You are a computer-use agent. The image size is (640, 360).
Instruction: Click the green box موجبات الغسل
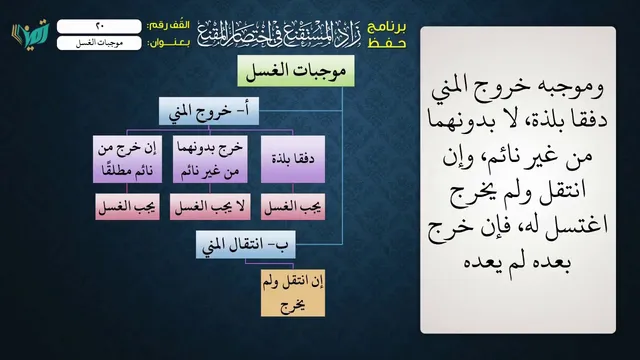coord(296,71)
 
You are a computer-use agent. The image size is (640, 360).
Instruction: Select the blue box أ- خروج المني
coord(209,111)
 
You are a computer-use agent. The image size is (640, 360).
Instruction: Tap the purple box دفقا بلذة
coord(293,159)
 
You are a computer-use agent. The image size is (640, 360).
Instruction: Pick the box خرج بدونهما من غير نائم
coord(210,159)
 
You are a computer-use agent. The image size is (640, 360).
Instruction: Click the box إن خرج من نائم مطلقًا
coord(127,159)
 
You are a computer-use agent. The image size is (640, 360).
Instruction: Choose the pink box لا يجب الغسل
coord(210,207)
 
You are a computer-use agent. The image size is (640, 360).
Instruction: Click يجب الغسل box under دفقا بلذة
coord(293,207)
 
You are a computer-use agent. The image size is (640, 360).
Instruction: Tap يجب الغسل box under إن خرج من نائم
coord(127,207)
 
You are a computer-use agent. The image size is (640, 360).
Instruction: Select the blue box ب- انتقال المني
coord(246,244)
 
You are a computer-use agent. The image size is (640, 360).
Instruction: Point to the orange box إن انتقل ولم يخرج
coord(293,293)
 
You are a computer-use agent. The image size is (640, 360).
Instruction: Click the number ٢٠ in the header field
coord(100,26)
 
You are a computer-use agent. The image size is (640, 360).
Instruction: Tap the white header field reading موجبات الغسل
coord(99,43)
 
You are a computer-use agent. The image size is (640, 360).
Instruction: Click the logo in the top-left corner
coord(30,33)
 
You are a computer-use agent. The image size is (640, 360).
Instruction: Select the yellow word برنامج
coord(387,27)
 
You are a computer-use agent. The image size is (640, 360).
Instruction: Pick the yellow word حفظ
coord(387,43)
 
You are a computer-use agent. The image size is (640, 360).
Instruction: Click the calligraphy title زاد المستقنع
coord(279,33)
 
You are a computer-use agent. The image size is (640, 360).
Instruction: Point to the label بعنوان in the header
coord(169,43)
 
